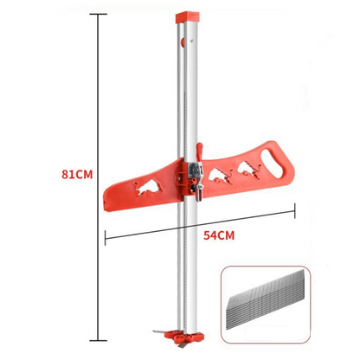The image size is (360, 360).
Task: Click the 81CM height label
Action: [x=77, y=175]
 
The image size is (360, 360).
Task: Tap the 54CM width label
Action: [x=219, y=235]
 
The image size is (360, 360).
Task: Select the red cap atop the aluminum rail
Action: [x=187, y=17]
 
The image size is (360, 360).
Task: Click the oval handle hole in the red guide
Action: [x=272, y=164]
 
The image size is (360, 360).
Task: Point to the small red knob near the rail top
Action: [x=183, y=42]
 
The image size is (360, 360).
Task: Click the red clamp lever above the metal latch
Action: [x=199, y=152]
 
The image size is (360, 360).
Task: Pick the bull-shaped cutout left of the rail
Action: [x=149, y=188]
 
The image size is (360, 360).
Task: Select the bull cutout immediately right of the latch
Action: [x=221, y=176]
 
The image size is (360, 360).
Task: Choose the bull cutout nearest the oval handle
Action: [x=249, y=170]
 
